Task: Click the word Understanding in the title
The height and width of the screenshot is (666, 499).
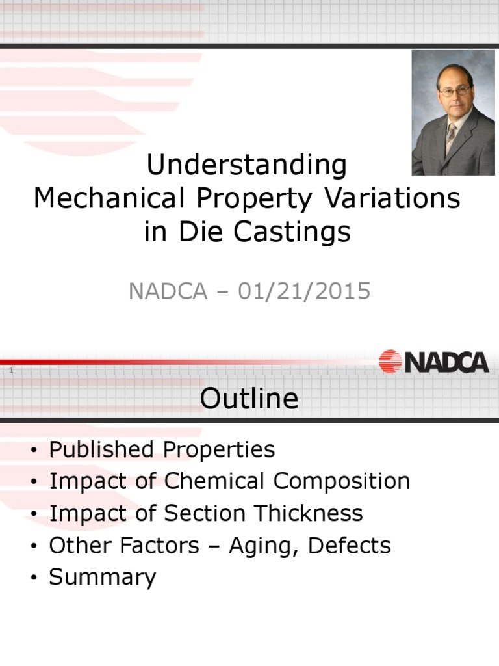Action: coord(247,166)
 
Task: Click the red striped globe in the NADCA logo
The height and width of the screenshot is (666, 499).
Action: coord(390,362)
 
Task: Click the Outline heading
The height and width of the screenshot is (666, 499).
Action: coord(249,399)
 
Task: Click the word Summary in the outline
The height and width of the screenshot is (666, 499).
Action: coord(103,578)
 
